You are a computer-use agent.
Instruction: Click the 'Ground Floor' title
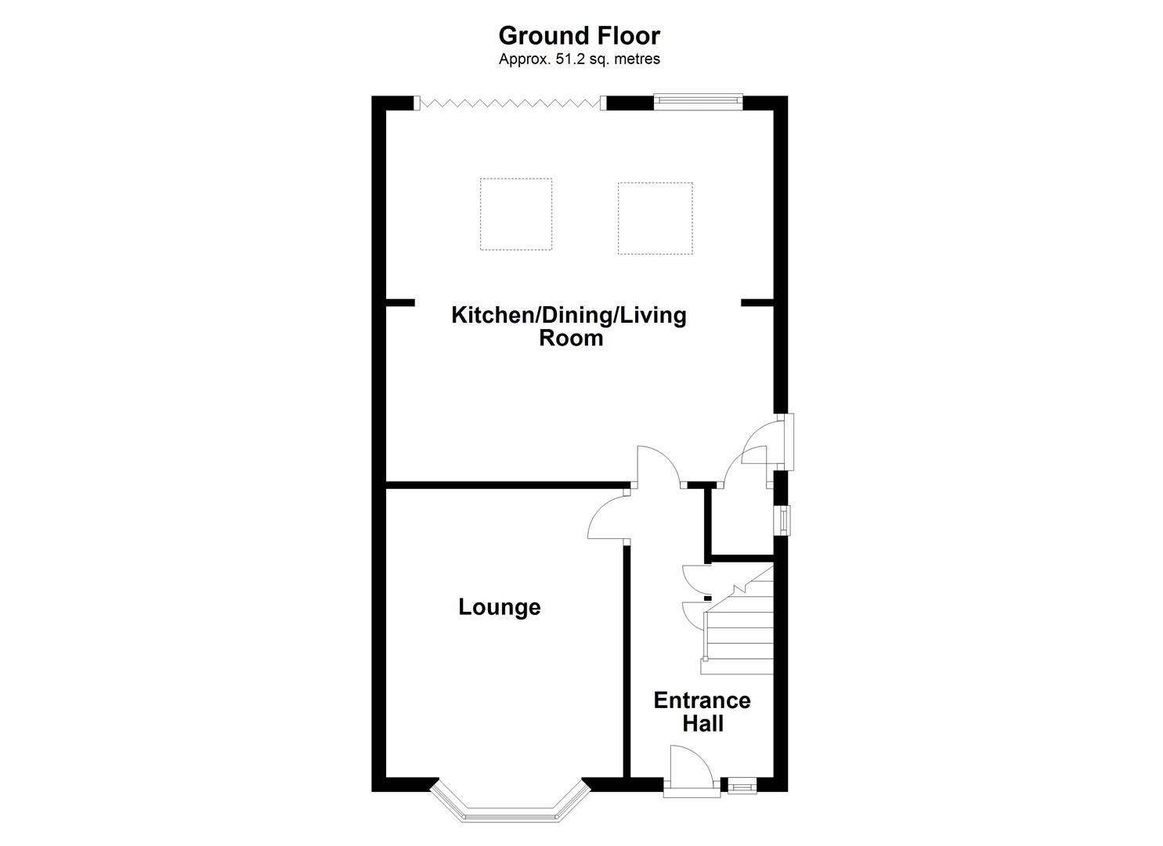tap(579, 36)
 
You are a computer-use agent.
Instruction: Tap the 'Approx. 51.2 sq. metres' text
tap(579, 59)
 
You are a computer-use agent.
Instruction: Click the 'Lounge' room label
tap(499, 607)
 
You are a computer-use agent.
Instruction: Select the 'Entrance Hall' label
tap(702, 711)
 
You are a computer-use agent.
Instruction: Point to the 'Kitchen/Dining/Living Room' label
tap(569, 326)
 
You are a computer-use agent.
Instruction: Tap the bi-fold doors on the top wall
tap(510, 102)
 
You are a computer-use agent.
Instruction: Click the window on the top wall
tap(698, 99)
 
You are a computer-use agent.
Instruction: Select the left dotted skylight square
tap(515, 214)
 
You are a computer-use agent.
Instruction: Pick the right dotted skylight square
tap(655, 219)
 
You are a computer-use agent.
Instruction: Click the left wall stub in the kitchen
tap(400, 302)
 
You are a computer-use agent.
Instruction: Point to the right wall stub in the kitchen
tap(757, 302)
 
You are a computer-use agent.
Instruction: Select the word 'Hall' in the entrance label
tap(702, 723)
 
